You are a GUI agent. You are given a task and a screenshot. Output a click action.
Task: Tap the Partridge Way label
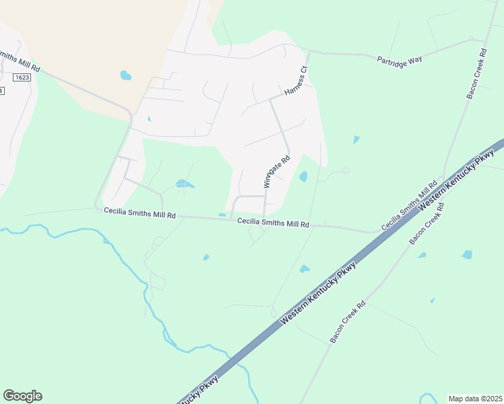click(x=399, y=59)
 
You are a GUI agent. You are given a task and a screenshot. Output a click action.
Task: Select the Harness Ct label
click(x=296, y=80)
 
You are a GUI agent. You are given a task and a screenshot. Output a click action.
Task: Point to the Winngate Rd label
click(x=276, y=172)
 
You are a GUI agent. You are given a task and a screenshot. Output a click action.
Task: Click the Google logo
click(x=22, y=396)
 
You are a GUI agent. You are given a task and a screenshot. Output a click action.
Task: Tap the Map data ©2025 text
click(x=475, y=398)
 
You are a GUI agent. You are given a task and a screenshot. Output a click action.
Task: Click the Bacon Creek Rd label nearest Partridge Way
click(x=476, y=74)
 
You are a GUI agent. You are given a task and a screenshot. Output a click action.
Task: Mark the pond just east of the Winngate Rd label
click(x=303, y=176)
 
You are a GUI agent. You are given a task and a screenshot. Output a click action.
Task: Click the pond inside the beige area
click(x=125, y=75)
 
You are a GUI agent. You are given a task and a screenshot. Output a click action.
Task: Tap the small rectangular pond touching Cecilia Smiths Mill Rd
click(x=222, y=215)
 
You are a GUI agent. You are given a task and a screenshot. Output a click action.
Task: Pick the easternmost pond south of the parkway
click(x=467, y=255)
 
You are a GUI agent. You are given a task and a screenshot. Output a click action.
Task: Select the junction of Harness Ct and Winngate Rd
click(x=271, y=100)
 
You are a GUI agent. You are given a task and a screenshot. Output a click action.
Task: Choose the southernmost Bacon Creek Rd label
click(x=347, y=323)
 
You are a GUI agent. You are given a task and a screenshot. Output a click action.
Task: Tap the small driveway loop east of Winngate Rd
click(x=346, y=170)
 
